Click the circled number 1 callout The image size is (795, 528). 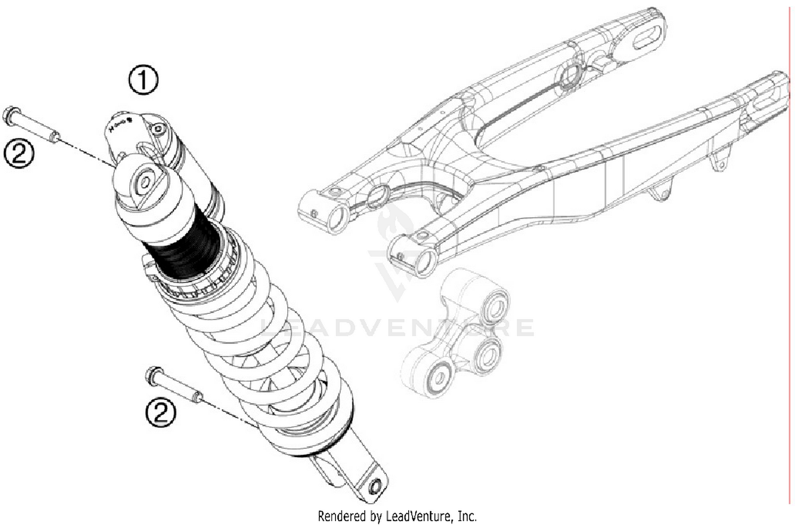click(143, 81)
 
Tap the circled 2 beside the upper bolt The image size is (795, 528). click(19, 154)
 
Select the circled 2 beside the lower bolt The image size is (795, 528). click(161, 412)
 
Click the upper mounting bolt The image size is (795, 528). click(32, 125)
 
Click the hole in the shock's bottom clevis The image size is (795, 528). click(375, 486)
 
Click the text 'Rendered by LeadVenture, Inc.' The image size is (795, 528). click(397, 516)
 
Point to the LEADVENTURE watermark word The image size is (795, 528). click(397, 328)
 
